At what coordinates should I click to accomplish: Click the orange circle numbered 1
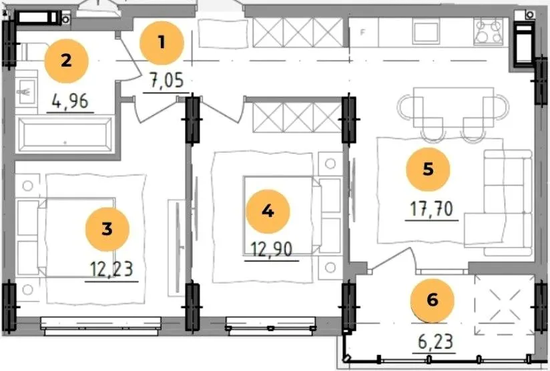(162, 43)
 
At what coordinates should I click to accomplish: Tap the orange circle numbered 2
(66, 61)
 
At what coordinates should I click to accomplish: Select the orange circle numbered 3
(107, 230)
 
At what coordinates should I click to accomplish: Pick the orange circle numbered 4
(268, 212)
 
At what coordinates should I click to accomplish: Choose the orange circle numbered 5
(428, 169)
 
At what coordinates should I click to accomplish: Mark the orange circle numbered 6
(432, 300)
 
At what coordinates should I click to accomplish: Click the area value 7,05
(167, 81)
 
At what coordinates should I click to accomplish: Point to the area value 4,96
(70, 101)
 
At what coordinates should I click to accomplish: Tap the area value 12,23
(112, 270)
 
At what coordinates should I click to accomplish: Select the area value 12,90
(272, 250)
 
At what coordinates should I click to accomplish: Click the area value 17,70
(432, 210)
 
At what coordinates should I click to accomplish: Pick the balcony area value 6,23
(436, 342)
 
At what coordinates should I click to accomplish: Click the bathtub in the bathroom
(65, 135)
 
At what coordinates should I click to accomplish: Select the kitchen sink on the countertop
(426, 31)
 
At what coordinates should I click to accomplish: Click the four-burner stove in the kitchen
(487, 31)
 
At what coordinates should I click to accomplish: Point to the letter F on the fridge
(363, 32)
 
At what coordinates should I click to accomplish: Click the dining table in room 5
(453, 107)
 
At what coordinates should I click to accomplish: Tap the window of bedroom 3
(101, 326)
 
